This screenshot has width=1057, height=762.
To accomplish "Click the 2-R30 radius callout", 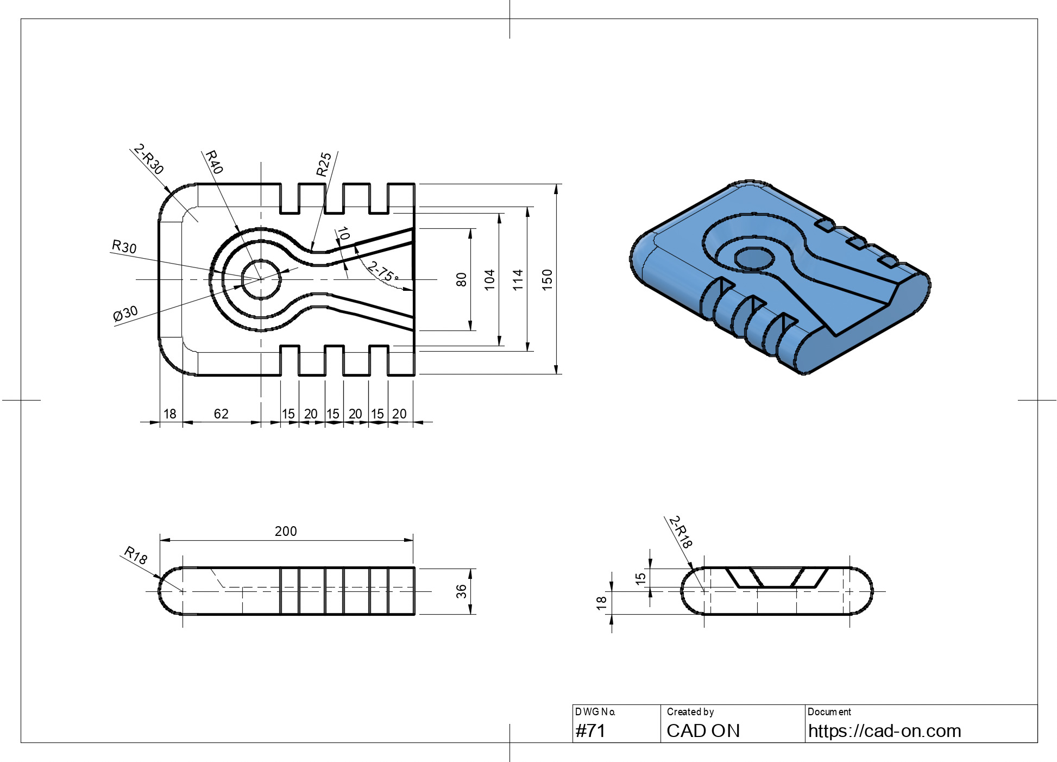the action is pos(148,159).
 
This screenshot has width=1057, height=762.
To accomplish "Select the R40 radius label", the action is pos(213,161).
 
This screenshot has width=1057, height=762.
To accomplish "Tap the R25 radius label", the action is pos(324,165).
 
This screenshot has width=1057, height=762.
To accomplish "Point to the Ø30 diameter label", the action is pos(125,314).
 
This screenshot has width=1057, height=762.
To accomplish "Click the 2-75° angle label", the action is pos(383,271).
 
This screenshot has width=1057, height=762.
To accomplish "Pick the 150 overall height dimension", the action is pos(547,279).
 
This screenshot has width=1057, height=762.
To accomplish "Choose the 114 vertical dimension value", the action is pos(518,279).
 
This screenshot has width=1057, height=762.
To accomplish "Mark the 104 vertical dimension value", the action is pos(489,279).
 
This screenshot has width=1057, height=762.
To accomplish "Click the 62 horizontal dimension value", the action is pos(221,414).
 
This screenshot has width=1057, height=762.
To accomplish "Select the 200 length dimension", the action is pos(286,531).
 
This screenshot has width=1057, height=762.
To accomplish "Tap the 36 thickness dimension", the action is pos(461,591).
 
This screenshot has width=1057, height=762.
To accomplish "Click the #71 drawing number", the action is pos(590,731).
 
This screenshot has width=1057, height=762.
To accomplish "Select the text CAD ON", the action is pos(703,731).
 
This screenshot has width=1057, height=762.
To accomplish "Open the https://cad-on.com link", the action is pos(884,731).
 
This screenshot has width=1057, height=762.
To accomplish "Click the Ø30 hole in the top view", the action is pos(261,259).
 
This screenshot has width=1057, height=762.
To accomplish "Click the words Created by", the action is pos(690,712).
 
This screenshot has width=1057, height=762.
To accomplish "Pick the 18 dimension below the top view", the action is pos(170,414).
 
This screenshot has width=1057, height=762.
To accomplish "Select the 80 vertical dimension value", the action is pos(461,279).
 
